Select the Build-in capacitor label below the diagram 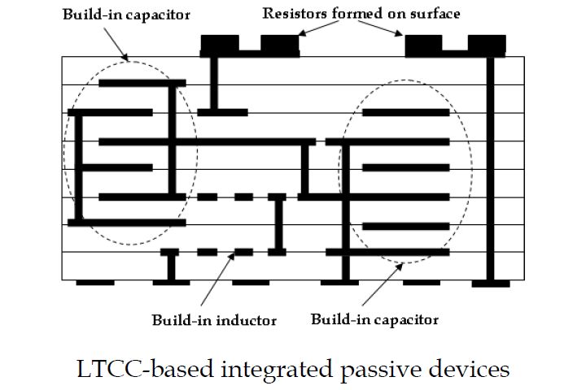(x=374, y=318)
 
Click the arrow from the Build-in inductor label (x=216, y=280)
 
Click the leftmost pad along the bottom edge (x=95, y=283)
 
